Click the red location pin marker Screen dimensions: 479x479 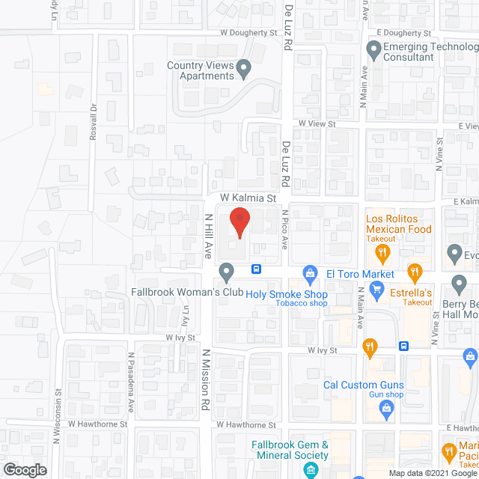pos(239,222)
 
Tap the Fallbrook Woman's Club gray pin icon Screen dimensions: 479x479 pos(226,270)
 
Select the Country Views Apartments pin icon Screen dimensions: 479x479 pos(244,70)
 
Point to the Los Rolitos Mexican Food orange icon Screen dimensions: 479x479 pos(382,252)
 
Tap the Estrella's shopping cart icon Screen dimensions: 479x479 pos(377,290)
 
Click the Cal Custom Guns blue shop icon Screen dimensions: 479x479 pos(386,408)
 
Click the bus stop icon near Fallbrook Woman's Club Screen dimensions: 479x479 pos(256,269)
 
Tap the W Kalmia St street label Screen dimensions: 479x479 pos(248,198)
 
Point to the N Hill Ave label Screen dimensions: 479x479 pos(210,235)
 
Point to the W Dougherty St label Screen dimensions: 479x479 pos(248,33)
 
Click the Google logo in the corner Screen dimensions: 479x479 pos(24,470)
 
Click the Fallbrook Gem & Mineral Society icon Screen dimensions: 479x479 pos(290,469)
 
